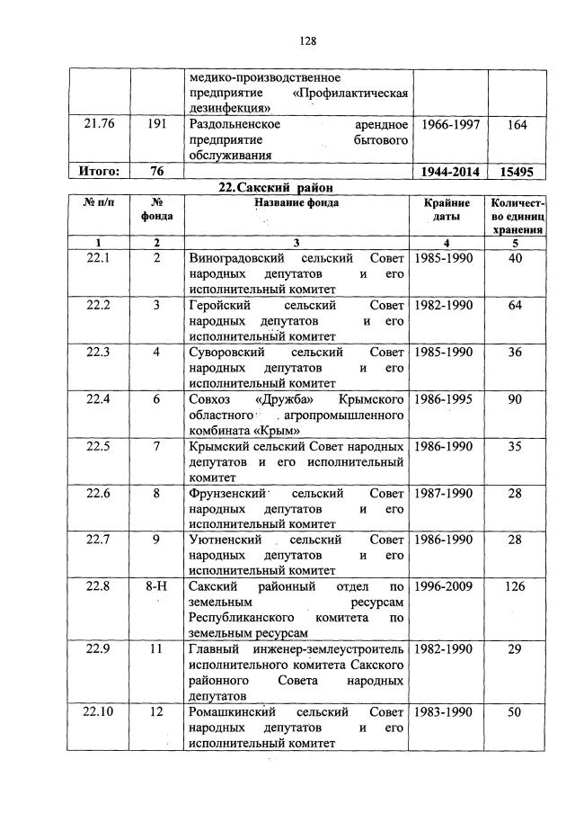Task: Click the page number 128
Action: coord(308,40)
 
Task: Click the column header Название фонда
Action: coord(296,204)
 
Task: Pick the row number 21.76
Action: coord(99,125)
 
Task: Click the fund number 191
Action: coord(156,125)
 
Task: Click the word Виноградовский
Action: coord(233,259)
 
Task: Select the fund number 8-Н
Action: coord(156,587)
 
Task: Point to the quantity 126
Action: coord(515,587)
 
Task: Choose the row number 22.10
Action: coord(99,712)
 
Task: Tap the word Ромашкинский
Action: coord(231,712)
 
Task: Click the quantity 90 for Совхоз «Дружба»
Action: coord(515,399)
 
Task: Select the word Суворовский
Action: coord(227,353)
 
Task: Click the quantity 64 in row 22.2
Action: coord(515,306)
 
